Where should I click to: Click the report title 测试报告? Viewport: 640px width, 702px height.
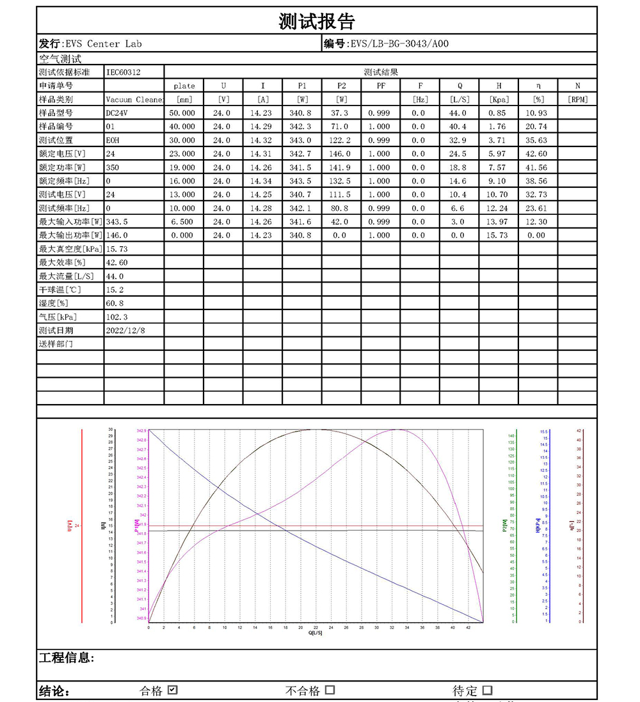click(317, 22)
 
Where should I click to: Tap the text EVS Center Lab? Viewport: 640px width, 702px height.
click(103, 44)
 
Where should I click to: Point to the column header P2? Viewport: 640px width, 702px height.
click(341, 86)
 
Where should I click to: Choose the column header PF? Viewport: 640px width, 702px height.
click(380, 86)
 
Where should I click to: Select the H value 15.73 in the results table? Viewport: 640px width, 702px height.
click(499, 235)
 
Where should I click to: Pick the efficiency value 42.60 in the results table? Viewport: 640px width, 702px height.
click(538, 153)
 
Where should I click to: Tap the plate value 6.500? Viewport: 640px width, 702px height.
click(184, 222)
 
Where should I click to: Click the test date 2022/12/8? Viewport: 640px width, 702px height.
click(125, 331)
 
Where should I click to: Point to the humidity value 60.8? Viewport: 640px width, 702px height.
click(115, 303)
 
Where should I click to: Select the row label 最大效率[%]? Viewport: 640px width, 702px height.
click(62, 263)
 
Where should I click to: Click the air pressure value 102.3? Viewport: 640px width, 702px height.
click(116, 317)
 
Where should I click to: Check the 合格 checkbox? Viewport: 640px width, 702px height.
click(172, 690)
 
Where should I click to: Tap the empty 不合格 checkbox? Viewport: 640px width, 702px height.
click(330, 690)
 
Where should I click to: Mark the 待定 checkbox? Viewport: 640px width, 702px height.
click(488, 690)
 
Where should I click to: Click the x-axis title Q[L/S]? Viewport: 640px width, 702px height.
click(316, 633)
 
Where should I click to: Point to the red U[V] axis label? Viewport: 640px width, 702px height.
click(68, 526)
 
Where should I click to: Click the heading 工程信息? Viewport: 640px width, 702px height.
click(67, 658)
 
